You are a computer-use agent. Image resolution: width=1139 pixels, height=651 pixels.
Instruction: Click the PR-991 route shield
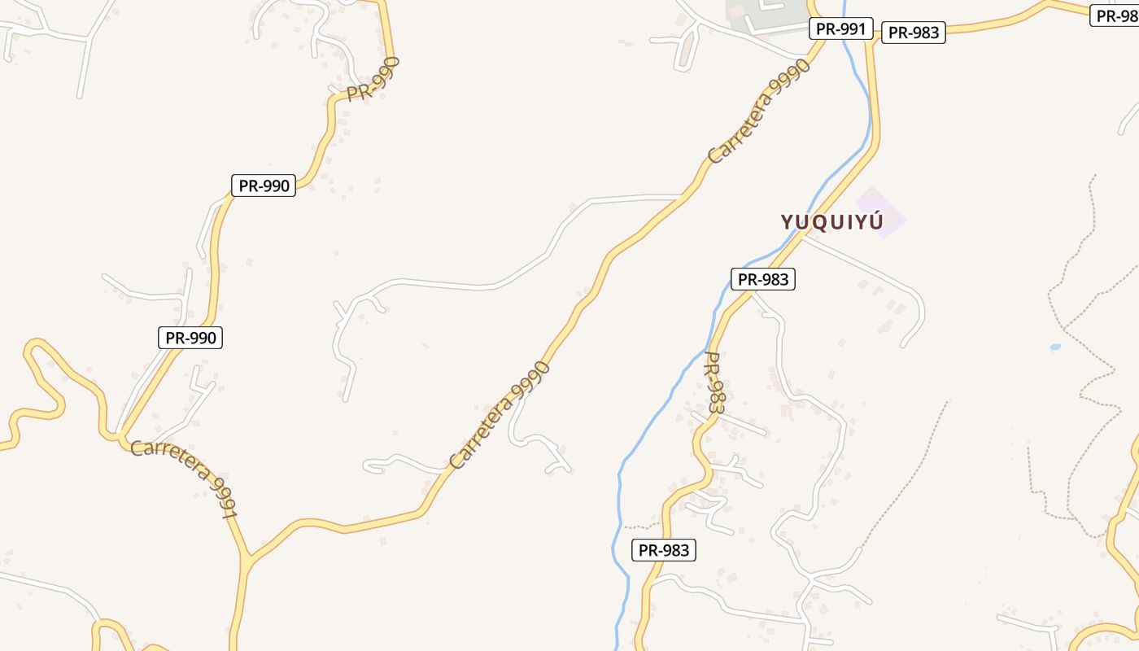point(840,29)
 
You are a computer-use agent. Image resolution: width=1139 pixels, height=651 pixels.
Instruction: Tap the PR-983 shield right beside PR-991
point(913,33)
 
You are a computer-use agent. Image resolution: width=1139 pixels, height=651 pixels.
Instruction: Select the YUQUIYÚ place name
point(831,221)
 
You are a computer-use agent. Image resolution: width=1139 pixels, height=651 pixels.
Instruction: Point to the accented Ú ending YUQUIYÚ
point(875,221)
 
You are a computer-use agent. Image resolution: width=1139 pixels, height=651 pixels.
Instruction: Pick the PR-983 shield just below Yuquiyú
point(762,279)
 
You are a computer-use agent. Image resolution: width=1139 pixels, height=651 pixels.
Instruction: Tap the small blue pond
point(1055,347)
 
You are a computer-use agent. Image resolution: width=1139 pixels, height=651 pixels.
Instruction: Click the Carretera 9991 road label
point(185,478)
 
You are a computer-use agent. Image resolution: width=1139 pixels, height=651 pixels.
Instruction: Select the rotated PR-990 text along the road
point(373,79)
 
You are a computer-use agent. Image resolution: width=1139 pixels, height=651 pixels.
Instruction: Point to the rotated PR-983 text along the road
point(714,382)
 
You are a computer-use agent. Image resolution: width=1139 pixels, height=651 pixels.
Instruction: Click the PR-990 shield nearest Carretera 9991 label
point(190,338)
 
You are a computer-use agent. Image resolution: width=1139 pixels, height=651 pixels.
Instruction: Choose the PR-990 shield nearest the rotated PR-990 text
point(263,186)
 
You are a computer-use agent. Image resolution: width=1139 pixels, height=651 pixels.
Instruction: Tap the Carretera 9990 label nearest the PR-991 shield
point(759,111)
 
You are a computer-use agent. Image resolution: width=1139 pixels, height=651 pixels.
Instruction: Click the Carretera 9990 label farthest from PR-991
point(500,415)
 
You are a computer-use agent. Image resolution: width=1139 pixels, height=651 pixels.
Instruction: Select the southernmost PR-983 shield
point(664,550)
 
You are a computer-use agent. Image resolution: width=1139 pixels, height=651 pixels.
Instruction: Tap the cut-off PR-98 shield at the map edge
point(1116,15)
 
